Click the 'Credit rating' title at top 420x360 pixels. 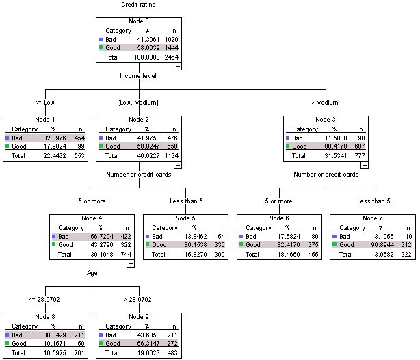point(138,5)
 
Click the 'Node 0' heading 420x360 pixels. point(138,22)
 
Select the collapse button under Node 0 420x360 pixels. point(178,66)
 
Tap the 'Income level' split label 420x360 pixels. point(138,76)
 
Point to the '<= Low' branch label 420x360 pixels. point(44,103)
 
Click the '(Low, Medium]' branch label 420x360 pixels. point(138,103)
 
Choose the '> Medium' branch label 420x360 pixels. point(325,103)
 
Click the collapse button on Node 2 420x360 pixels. point(178,164)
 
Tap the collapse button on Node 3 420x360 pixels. point(365,164)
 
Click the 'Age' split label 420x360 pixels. point(92,272)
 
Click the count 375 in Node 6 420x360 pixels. point(311,245)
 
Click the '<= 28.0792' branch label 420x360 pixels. point(44,300)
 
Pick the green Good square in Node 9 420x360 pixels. point(102,344)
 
